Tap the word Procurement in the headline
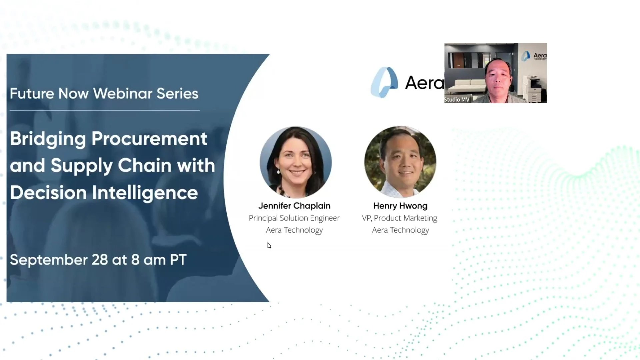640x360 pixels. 149,139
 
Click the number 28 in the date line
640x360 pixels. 100,260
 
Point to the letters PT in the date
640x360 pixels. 178,260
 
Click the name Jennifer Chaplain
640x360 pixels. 294,206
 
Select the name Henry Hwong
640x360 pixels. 400,206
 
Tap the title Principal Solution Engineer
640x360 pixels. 294,218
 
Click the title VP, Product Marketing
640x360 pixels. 399,218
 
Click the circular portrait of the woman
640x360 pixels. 296,162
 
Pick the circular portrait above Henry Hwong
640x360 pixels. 400,162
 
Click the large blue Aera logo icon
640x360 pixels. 384,82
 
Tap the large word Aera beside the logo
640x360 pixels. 424,83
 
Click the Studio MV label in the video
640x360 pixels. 457,100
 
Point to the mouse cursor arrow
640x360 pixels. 269,245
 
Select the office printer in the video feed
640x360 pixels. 533,89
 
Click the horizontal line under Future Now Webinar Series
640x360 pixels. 105,110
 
